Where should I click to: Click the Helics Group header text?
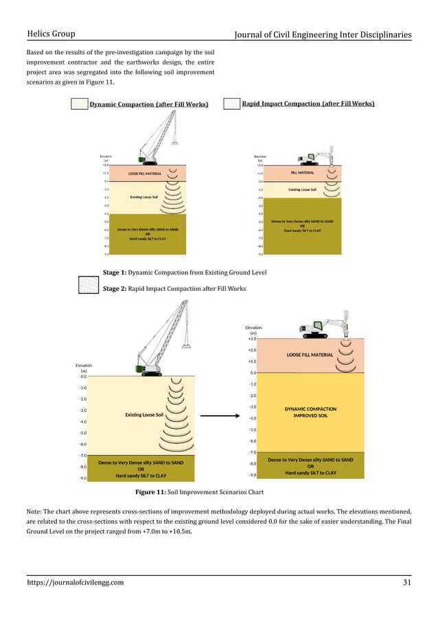coord(51,34)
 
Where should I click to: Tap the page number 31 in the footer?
coord(406,583)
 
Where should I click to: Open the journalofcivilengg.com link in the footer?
coord(75,583)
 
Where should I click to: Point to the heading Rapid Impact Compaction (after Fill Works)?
coord(308,104)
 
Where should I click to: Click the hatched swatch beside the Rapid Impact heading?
coord(231,104)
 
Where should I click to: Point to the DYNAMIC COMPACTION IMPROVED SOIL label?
coord(310,412)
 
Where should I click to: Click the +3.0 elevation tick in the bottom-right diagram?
coord(252,338)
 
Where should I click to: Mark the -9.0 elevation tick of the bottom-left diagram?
coord(82,478)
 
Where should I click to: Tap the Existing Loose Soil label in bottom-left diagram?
coord(144,414)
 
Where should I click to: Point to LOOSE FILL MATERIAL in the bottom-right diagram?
coord(310,355)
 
